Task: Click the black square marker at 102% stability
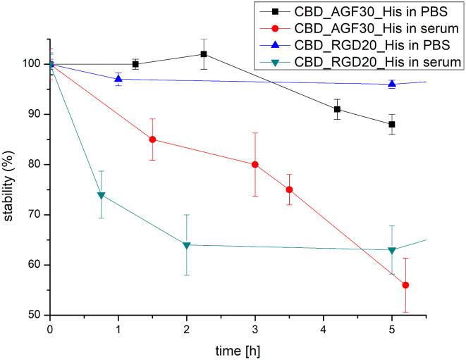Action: (204, 54)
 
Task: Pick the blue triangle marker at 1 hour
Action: (118, 79)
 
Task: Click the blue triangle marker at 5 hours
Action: (392, 84)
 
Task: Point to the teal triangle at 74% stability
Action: (102, 195)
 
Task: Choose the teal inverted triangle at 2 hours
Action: (187, 245)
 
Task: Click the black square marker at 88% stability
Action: (392, 124)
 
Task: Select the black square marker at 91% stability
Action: (338, 109)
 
